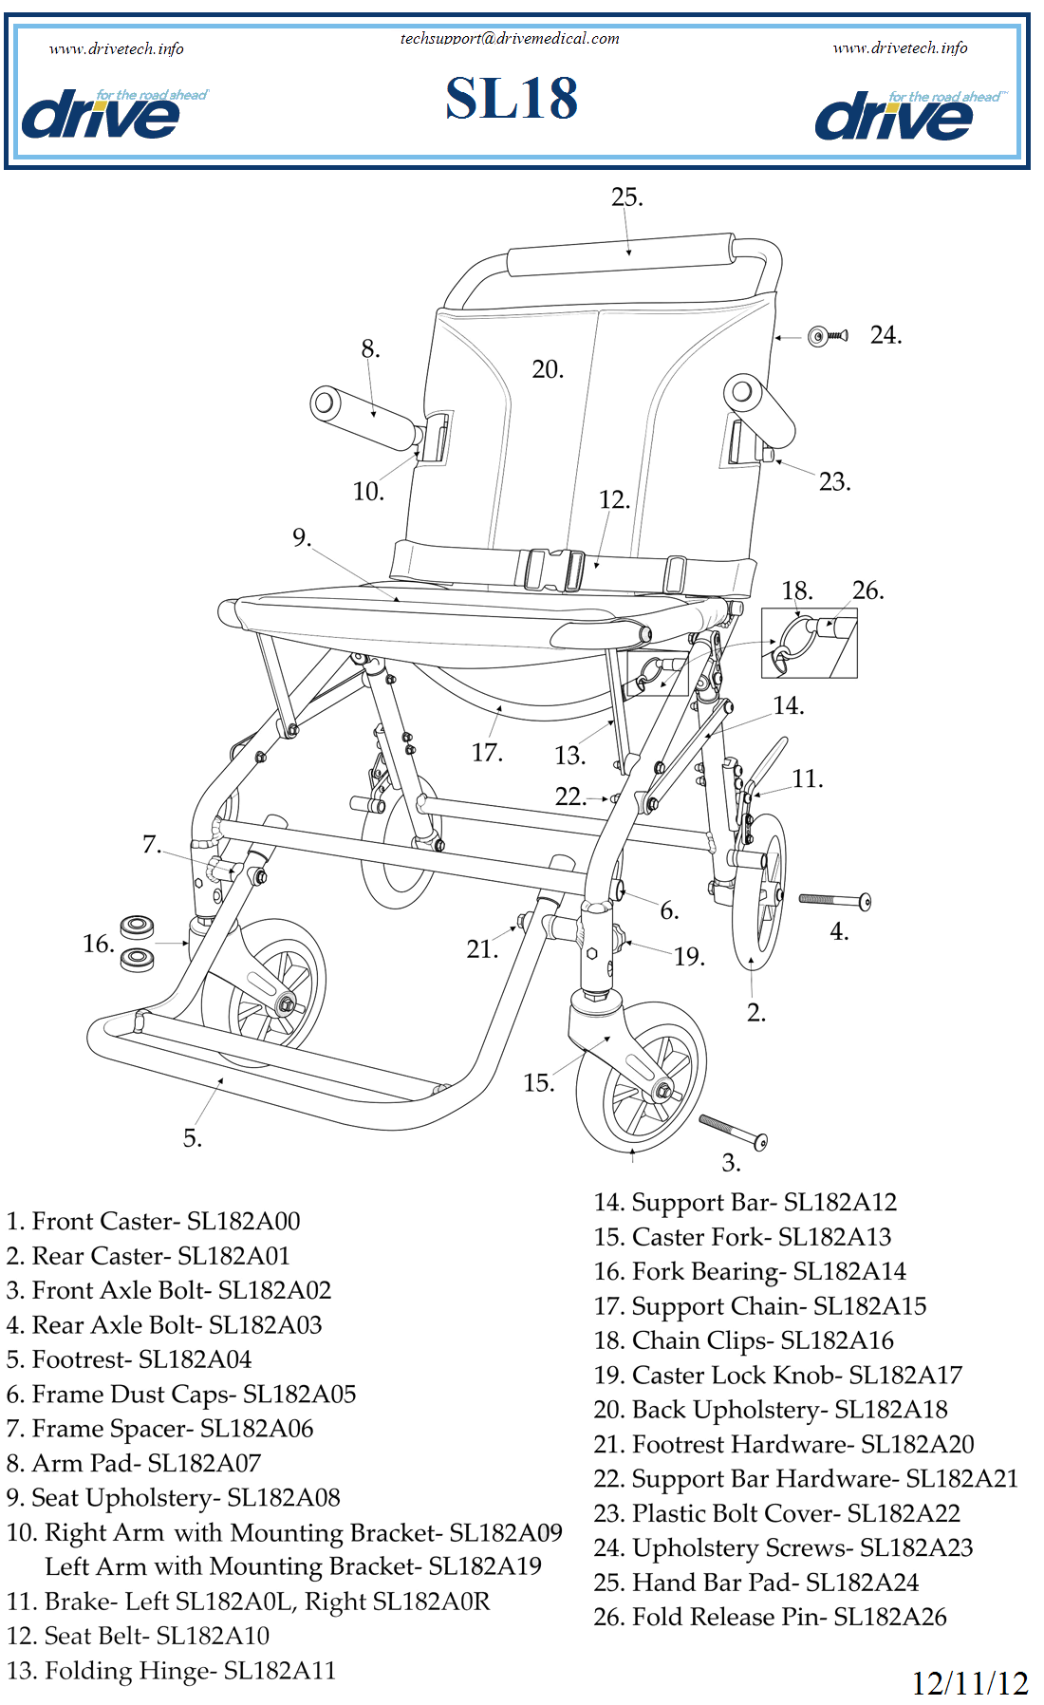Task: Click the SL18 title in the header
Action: [512, 99]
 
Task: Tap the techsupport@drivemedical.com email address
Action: [509, 38]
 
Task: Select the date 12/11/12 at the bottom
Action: [969, 1684]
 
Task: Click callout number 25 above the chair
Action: [626, 197]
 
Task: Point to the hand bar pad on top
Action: [621, 255]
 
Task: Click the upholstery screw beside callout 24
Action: [827, 335]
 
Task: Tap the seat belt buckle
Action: [554, 571]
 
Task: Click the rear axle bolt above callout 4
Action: [834, 899]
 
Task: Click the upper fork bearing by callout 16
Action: [137, 926]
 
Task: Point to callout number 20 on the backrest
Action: [548, 369]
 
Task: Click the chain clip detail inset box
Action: [809, 643]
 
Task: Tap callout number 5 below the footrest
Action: [193, 1138]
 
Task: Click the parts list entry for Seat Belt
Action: [139, 1636]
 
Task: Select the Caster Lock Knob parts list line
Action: [778, 1375]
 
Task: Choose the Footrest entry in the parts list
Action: [129, 1359]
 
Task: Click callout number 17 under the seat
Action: [487, 753]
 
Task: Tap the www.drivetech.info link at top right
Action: [900, 47]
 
